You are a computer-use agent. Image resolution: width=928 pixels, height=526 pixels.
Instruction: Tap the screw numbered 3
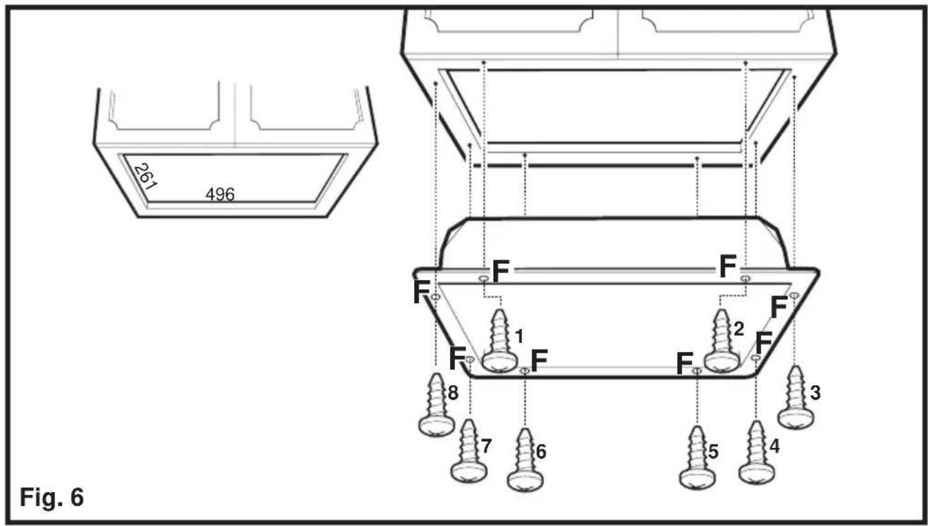tap(796, 398)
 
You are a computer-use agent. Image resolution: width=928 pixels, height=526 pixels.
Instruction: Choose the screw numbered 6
tap(525, 460)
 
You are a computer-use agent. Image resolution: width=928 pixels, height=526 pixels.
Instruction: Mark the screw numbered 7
tap(469, 451)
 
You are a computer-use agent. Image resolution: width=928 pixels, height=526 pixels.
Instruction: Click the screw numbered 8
tap(436, 405)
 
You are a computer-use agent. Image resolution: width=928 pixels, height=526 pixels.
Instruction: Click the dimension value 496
tap(220, 195)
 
